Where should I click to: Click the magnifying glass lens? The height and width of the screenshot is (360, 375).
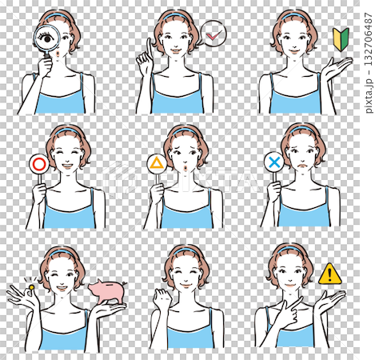click(47, 38)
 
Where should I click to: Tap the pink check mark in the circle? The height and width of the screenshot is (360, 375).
click(213, 34)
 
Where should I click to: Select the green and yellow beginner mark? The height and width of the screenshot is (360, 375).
click(341, 39)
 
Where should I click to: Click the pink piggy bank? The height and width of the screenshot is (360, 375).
click(107, 291)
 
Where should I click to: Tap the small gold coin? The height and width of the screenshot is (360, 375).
click(31, 287)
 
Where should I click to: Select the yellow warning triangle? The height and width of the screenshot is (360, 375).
click(329, 274)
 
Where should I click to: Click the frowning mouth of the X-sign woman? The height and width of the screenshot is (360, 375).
click(302, 166)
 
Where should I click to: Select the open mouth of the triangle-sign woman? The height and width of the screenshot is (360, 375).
click(186, 168)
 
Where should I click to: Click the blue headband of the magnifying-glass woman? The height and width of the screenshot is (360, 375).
click(58, 15)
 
